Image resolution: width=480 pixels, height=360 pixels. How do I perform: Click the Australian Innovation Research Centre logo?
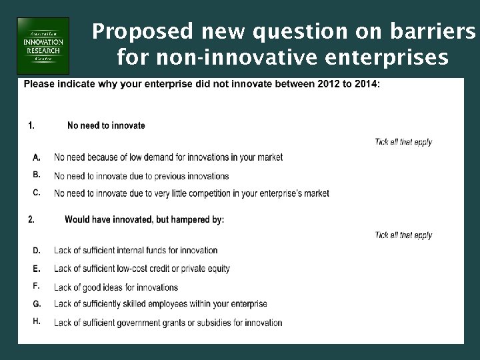[43, 45]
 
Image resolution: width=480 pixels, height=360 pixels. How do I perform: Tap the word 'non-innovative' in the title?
[221, 58]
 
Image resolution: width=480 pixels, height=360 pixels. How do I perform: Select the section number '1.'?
[31, 125]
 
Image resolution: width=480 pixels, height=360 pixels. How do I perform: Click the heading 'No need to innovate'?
[106, 125]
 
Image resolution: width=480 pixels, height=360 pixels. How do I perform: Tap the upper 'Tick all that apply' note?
[403, 142]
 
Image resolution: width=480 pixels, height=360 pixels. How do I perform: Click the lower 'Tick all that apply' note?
[403, 235]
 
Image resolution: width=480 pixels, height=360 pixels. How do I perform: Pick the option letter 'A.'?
[37, 157]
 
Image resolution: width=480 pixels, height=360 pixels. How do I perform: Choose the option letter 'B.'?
[37, 175]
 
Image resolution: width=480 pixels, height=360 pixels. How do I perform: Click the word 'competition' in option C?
[212, 194]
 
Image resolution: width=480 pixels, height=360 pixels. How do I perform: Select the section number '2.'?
[31, 219]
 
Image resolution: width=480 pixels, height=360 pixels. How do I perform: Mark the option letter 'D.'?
[37, 251]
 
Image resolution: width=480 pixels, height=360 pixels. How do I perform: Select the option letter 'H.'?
[37, 321]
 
